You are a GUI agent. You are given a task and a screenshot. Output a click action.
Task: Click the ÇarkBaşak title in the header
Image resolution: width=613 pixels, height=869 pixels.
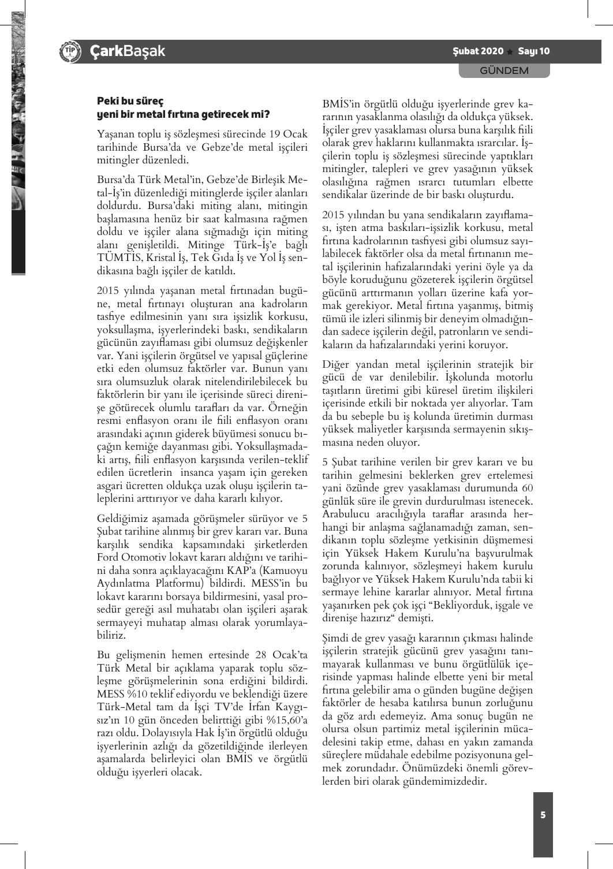127,51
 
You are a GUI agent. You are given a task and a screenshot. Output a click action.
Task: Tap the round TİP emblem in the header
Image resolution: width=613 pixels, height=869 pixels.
70,51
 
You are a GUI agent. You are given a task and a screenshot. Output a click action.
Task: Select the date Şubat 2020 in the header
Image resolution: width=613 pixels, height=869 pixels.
478,51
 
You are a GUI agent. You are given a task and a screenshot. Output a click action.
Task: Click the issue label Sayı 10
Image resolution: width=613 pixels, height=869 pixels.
533,51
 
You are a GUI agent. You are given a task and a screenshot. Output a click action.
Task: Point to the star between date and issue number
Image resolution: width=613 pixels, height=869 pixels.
510,52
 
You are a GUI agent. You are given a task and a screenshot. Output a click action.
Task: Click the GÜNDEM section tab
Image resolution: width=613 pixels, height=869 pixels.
504,70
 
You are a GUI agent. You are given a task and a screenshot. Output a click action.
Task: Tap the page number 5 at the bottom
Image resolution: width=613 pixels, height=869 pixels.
543,815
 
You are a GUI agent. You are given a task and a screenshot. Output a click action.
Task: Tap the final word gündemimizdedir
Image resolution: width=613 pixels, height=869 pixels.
447,782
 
